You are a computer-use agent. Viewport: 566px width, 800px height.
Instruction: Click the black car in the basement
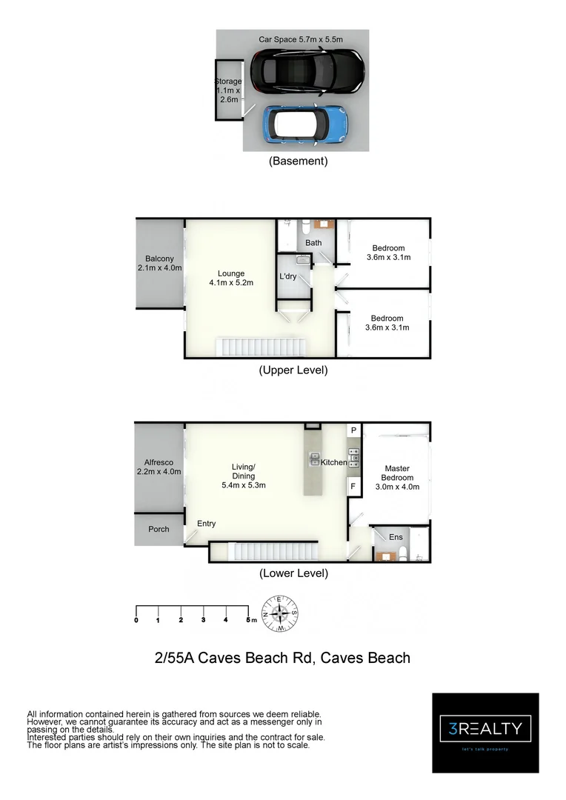(x=306, y=71)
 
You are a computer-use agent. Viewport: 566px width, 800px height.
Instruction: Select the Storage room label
(x=227, y=90)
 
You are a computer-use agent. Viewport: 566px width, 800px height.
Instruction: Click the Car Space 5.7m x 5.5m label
(x=301, y=39)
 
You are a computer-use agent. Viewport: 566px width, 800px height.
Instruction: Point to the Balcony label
(x=159, y=263)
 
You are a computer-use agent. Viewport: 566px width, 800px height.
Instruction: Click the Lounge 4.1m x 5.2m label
(x=231, y=278)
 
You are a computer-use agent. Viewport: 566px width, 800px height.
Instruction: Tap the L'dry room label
(x=287, y=276)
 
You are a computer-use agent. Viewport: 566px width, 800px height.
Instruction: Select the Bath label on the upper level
(x=313, y=242)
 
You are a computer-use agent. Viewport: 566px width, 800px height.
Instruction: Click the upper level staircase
(x=260, y=347)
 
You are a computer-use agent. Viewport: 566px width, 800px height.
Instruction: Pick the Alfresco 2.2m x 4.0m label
(x=159, y=467)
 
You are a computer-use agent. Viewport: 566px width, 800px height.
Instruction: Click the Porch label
(x=159, y=529)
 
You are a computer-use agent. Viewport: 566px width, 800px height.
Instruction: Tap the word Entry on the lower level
(x=206, y=524)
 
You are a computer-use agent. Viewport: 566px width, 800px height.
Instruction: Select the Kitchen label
(x=333, y=462)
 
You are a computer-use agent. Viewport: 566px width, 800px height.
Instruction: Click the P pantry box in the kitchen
(x=353, y=430)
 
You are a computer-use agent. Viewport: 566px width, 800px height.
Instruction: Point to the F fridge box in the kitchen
(x=353, y=487)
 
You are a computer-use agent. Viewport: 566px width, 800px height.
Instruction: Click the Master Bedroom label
(x=396, y=477)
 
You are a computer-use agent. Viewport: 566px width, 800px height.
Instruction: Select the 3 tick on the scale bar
(x=203, y=619)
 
